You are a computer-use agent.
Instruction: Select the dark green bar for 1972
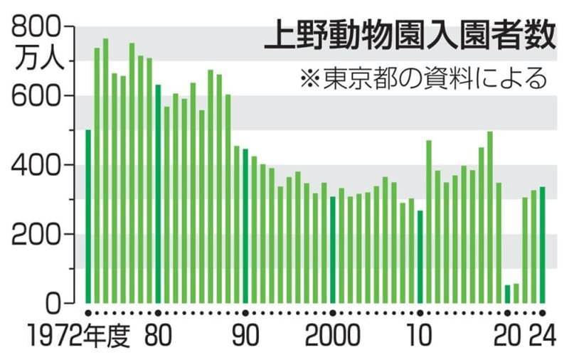(88, 217)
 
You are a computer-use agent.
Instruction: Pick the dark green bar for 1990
(245, 226)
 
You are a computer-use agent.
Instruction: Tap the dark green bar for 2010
(420, 257)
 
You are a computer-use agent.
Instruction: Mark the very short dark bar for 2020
(508, 295)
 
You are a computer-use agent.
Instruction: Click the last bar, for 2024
(543, 245)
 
